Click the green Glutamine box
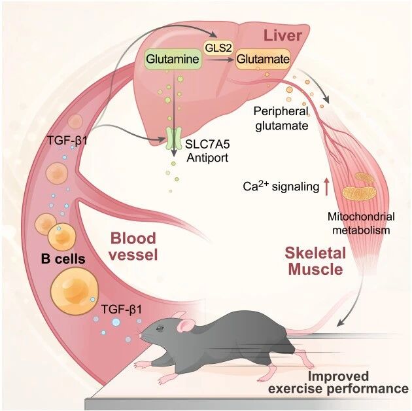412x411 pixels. tap(173, 59)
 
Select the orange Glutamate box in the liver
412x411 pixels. tap(263, 59)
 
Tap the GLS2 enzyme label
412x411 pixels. tap(218, 48)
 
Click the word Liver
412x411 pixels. tap(283, 35)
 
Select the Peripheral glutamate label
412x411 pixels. tap(281, 118)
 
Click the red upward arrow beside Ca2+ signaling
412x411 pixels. tap(326, 187)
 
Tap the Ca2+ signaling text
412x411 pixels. tap(281, 186)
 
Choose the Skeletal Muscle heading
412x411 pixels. tap(315, 261)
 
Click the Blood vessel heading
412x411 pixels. tap(133, 246)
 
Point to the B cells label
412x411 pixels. tap(63, 259)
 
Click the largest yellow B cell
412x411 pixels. tap(75, 291)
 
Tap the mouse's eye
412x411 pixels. tap(160, 328)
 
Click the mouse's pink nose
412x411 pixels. tap(140, 336)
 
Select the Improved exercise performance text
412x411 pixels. tap(338, 382)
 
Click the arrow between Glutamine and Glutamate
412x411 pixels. tap(220, 60)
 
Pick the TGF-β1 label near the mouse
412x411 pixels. tap(122, 310)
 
